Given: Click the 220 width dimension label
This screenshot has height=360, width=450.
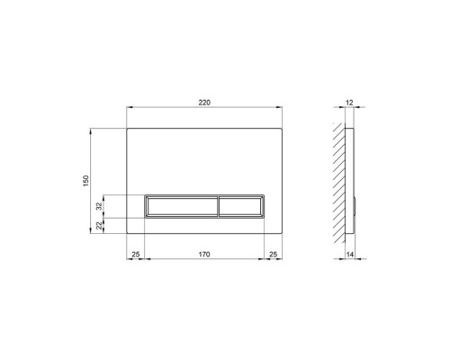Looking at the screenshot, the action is [x=204, y=103].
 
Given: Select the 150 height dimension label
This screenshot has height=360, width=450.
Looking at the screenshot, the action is [x=86, y=181].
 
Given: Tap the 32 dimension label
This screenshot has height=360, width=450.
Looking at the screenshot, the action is [x=99, y=206].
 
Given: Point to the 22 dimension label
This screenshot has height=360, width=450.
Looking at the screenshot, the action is [x=99, y=226].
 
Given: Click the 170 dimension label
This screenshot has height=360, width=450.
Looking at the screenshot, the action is [x=204, y=255].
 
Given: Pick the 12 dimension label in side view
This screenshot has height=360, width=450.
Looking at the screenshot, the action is [x=349, y=103].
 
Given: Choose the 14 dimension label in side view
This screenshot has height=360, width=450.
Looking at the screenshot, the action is [x=350, y=255].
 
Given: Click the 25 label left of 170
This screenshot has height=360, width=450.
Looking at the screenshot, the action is [x=136, y=255].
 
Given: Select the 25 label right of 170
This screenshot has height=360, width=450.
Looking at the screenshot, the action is [x=273, y=255].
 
